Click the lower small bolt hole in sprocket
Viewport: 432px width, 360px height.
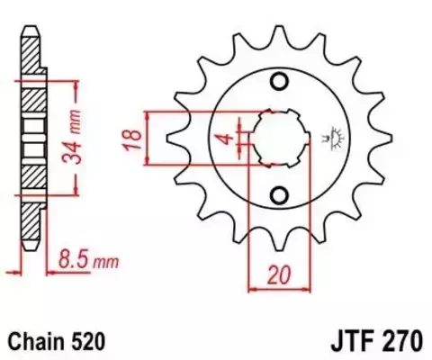pos(279,194)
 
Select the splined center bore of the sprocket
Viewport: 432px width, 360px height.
pos(279,139)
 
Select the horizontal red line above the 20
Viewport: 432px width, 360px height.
pos(279,289)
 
